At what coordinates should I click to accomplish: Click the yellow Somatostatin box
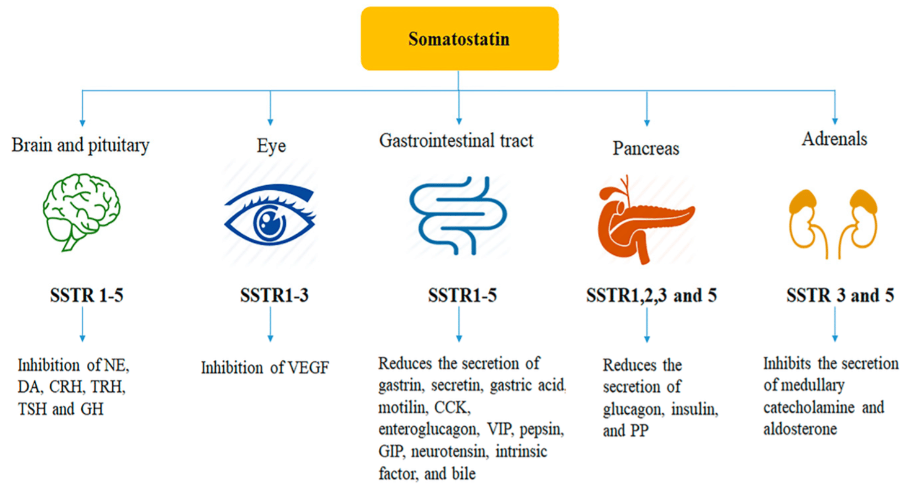point(460,38)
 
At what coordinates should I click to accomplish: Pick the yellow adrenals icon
point(835,217)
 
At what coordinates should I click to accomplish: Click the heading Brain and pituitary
point(81,146)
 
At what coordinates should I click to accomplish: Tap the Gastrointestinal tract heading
point(456,141)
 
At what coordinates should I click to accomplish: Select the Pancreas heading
point(646,149)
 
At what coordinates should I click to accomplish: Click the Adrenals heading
point(834,139)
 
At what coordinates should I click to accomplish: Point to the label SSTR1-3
point(274,296)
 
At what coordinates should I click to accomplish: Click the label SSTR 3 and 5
point(840,295)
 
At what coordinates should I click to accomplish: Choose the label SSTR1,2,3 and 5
point(651,296)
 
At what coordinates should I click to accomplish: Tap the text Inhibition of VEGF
point(265,368)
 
